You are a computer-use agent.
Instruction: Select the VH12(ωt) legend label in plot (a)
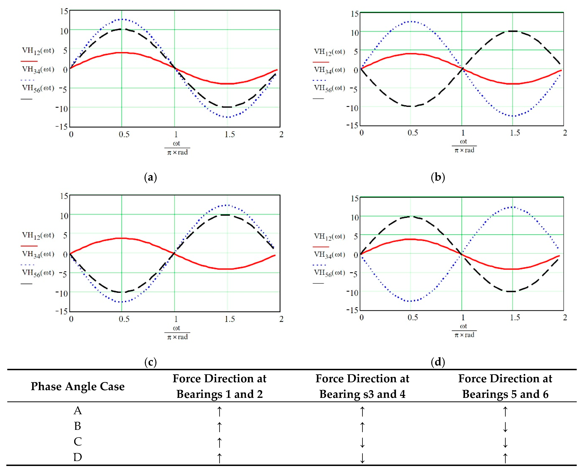point(38,51)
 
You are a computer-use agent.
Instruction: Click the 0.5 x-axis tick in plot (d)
point(412,317)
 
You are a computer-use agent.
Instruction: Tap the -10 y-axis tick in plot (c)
point(62,293)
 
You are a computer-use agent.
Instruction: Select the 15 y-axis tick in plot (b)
point(355,14)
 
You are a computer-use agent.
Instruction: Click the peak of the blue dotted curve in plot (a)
point(122,19)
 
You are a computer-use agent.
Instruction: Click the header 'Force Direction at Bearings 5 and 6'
point(505,386)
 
